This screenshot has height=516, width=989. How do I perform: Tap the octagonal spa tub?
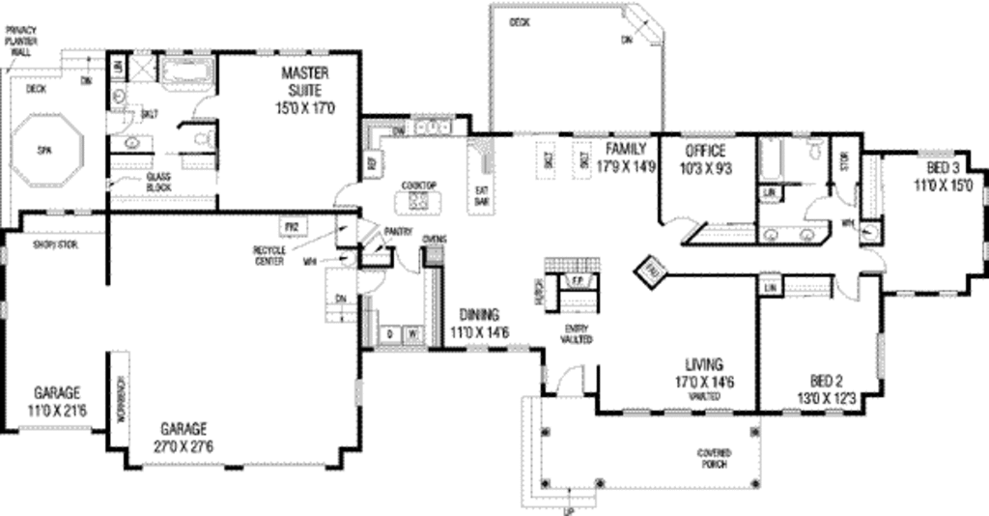click(44, 151)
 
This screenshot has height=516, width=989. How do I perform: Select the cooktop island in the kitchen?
click(419, 201)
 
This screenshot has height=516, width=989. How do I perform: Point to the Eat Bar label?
click(481, 195)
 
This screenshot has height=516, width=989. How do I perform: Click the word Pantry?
click(398, 232)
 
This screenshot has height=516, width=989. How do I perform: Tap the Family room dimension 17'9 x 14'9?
click(627, 165)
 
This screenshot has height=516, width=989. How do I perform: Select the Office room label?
click(705, 151)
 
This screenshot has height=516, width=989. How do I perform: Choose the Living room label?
click(704, 364)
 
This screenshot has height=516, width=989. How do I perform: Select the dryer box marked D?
click(389, 333)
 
